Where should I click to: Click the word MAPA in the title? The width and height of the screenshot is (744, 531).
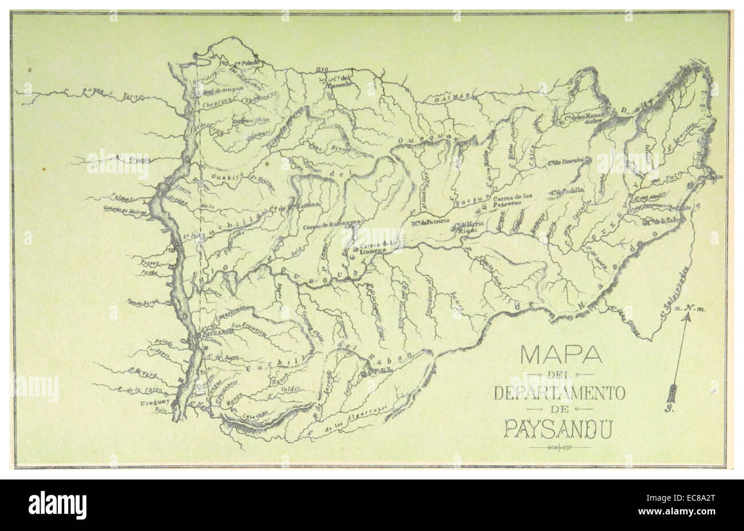click(x=560, y=355)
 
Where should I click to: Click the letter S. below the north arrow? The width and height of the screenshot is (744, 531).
click(x=670, y=409)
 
